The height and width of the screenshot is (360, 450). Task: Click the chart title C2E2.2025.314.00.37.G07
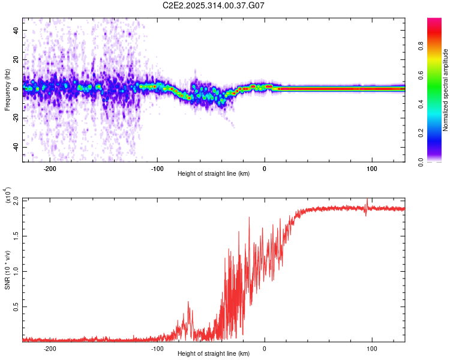(214, 5)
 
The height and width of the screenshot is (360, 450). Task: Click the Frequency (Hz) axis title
(7, 90)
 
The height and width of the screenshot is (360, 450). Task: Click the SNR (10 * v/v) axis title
(7, 269)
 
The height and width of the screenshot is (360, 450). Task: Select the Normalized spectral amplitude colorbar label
(446, 90)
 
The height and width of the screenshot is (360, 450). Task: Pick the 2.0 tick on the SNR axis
(16, 199)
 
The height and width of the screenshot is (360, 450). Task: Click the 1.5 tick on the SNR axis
(16, 235)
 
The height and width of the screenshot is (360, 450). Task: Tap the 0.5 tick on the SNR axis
(16, 306)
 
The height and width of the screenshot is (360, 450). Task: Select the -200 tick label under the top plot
(50, 168)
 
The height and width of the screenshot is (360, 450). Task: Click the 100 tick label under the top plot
(371, 168)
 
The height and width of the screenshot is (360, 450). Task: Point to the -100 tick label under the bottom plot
(157, 347)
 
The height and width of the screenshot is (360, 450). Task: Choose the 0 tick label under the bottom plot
(265, 347)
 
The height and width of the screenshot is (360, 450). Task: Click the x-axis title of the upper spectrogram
(214, 174)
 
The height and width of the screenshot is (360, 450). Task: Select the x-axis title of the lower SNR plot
(214, 354)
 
